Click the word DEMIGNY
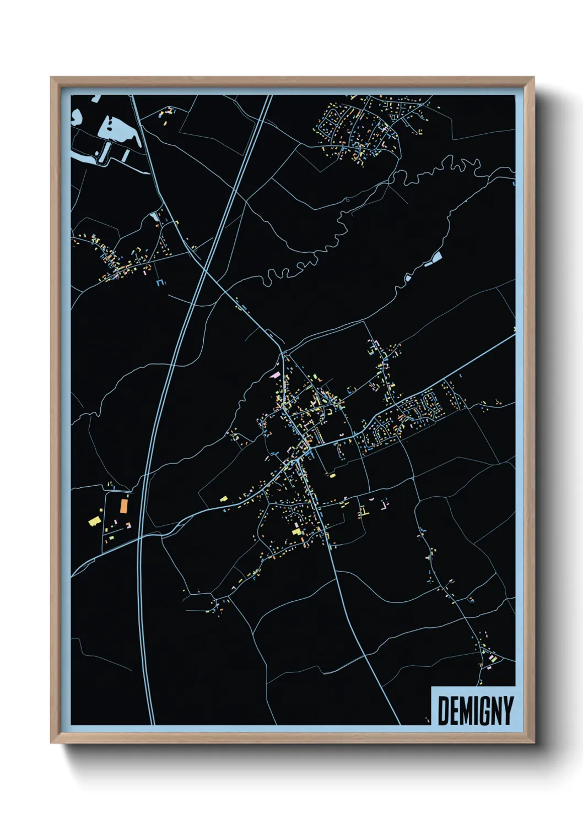(x=475, y=710)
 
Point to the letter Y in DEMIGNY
(x=508, y=710)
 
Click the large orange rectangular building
(x=124, y=505)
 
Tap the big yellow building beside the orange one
(x=94, y=520)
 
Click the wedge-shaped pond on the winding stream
(x=435, y=257)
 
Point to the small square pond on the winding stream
(x=408, y=278)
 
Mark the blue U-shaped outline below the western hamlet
(x=160, y=283)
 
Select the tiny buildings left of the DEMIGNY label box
(x=427, y=719)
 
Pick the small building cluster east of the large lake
(x=166, y=113)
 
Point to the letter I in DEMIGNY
(x=472, y=710)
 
